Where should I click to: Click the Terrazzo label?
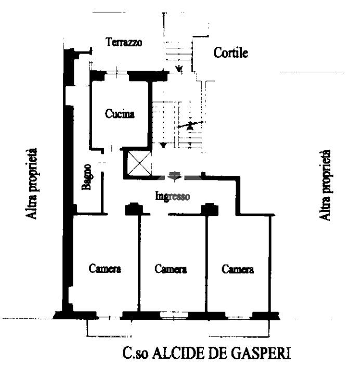coord(124,43)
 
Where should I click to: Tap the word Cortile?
coord(230,53)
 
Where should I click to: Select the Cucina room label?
coord(120,114)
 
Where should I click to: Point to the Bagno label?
coord(87,177)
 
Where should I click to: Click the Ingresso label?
coord(173,197)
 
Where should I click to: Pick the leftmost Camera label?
coord(105,269)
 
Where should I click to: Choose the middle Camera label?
coord(171,269)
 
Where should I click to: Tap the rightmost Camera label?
coord(238,269)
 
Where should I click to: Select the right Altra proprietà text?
coord(326,184)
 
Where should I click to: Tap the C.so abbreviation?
coord(134,354)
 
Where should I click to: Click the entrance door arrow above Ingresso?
coord(176,177)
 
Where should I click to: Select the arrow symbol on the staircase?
coord(190,125)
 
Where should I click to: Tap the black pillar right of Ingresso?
coord(209,209)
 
